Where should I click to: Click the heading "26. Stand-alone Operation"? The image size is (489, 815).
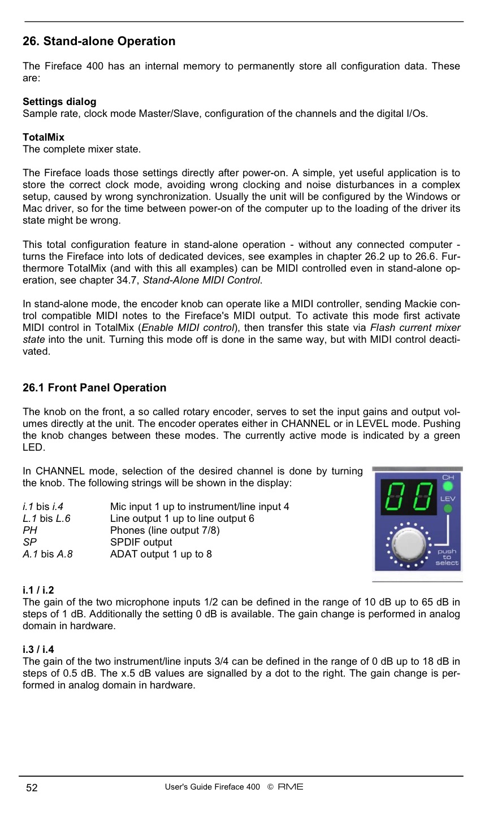99,41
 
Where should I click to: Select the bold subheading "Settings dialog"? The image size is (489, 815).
59,102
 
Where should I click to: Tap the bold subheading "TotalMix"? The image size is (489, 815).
44,137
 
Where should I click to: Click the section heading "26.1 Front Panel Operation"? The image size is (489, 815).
94,387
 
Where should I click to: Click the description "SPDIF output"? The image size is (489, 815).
141,542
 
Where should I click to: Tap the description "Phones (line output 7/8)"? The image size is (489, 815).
165,530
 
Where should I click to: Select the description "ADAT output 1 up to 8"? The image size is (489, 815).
161,554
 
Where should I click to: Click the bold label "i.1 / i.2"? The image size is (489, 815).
38,590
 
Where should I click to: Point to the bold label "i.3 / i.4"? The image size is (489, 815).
38,650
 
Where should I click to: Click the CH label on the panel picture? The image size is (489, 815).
448,478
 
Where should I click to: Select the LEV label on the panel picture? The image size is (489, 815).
448,499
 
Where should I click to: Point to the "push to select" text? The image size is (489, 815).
447,557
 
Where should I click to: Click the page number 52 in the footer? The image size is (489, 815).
32,788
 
